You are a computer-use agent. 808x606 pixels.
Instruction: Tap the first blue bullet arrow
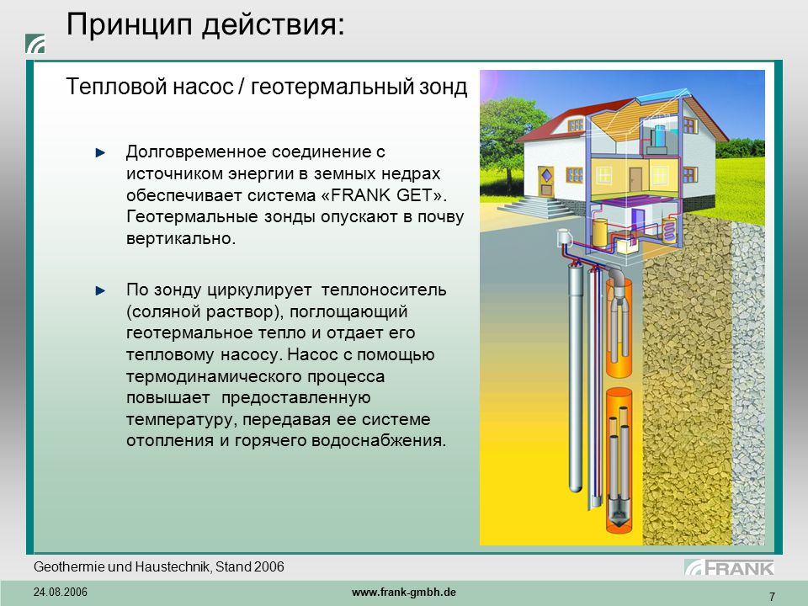point(100,152)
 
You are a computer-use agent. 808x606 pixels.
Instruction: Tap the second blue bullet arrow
point(100,290)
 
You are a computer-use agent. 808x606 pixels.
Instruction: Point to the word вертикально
point(181,238)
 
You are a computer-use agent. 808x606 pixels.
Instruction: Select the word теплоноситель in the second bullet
point(384,290)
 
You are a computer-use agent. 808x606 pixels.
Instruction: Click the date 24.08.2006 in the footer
point(61,592)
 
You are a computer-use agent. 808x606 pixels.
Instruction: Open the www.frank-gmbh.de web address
point(404,592)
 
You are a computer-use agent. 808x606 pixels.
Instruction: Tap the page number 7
point(772,597)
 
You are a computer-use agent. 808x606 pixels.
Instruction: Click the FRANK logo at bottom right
point(729,568)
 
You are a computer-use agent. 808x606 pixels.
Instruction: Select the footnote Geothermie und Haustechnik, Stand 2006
point(159,566)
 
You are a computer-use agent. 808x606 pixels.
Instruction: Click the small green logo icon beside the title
point(35,44)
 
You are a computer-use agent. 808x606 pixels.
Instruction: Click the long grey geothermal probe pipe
point(575,377)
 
